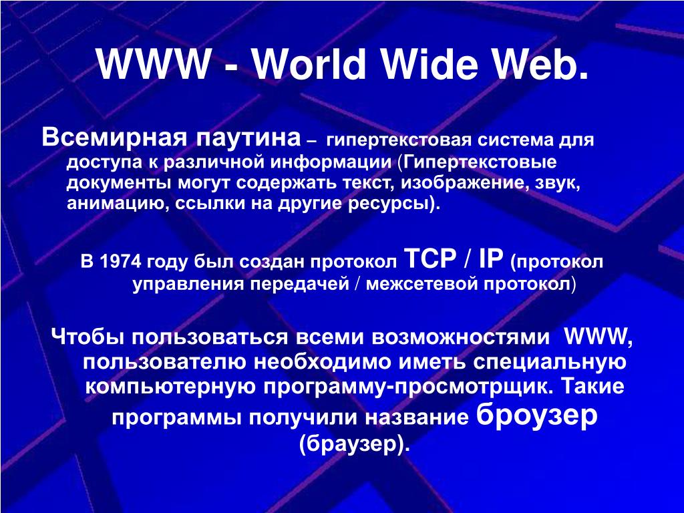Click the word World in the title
[309, 65]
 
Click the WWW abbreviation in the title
[154, 65]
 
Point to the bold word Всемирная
[115, 138]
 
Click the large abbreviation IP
[491, 259]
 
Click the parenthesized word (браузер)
[355, 446]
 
